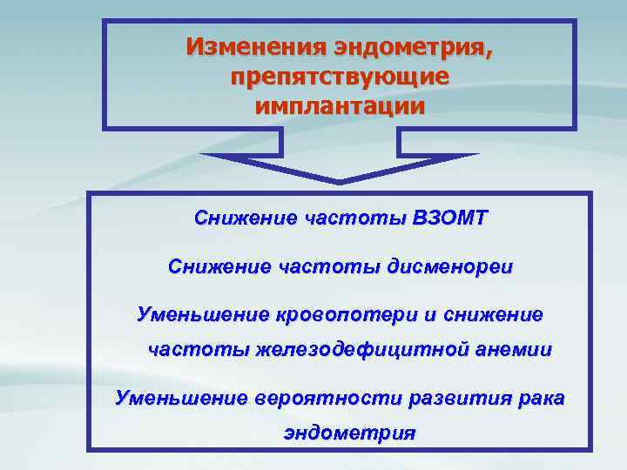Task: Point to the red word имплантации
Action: (x=340, y=106)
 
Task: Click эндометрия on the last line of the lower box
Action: (x=349, y=433)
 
